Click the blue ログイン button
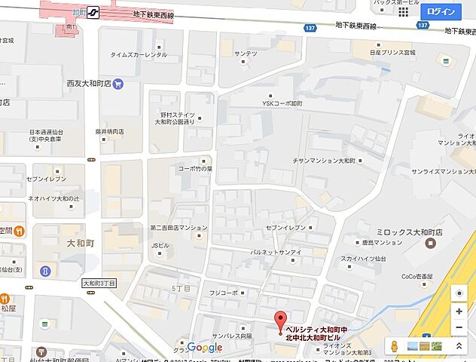tap(441, 12)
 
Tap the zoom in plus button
tap(459, 311)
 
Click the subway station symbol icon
tap(94, 12)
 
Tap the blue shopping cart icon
tap(118, 84)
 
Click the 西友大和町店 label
tap(89, 84)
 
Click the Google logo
tap(205, 347)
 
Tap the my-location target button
tap(459, 293)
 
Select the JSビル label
tap(160, 245)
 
